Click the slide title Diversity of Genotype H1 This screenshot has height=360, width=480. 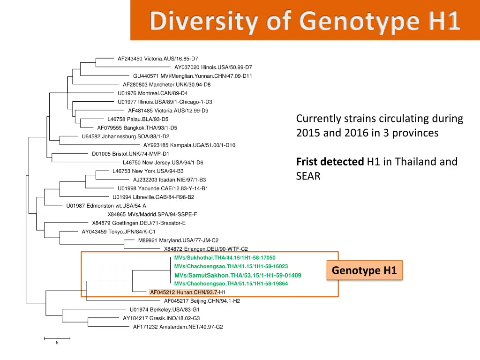coord(305,22)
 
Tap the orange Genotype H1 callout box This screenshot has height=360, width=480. coord(364,270)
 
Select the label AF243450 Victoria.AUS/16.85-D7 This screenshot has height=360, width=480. coord(157,59)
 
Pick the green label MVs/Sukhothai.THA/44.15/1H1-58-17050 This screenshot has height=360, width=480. coord(225,258)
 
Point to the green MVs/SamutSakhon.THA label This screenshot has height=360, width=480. coord(237,275)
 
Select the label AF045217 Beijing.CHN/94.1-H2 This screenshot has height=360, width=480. coord(202,301)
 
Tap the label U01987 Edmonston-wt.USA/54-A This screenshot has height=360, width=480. coord(106,206)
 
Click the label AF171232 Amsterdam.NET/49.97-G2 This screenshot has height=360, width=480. coord(178,327)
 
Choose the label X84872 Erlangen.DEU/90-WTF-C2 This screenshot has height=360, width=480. coord(205,249)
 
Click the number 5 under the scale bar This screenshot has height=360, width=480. coord(57,343)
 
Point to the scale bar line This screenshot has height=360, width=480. coord(57,337)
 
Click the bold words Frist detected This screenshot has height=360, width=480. coord(330,162)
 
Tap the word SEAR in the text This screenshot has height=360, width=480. coord(308,177)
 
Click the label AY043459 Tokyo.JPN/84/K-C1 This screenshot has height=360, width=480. coord(118,232)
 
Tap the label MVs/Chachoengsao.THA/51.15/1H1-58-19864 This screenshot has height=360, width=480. coord(231,284)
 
